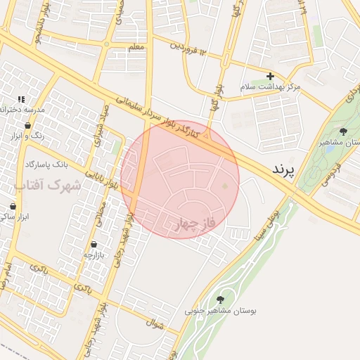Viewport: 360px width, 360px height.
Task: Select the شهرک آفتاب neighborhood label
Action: [x=48, y=186]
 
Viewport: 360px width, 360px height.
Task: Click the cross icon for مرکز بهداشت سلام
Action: [x=270, y=76]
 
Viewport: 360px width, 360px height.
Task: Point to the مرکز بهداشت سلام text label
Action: [x=271, y=86]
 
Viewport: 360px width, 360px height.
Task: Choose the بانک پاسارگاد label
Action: [x=47, y=165]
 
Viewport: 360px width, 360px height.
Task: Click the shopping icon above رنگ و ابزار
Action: [x=27, y=127]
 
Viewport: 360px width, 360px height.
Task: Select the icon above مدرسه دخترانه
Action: [x=22, y=99]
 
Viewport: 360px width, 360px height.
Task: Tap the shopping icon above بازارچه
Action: [x=94, y=245]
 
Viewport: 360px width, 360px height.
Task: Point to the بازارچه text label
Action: [x=92, y=255]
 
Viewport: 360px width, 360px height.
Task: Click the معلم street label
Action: [x=138, y=47]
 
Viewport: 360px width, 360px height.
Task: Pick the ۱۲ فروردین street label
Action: [x=189, y=49]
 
